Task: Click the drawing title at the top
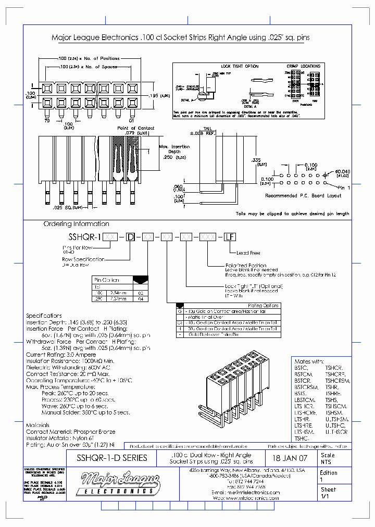(x=187, y=38)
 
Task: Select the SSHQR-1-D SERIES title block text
(x=112, y=458)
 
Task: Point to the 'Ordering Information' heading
(x=76, y=224)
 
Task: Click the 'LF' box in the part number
(x=230, y=237)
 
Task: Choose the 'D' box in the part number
(x=132, y=237)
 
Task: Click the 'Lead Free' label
(x=249, y=253)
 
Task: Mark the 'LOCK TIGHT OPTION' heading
(x=240, y=67)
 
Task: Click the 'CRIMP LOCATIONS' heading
(x=303, y=67)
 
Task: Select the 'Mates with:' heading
(x=309, y=361)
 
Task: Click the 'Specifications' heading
(x=44, y=316)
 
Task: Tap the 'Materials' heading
(x=38, y=425)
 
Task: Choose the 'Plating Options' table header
(x=264, y=306)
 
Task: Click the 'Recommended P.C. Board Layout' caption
(x=303, y=196)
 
